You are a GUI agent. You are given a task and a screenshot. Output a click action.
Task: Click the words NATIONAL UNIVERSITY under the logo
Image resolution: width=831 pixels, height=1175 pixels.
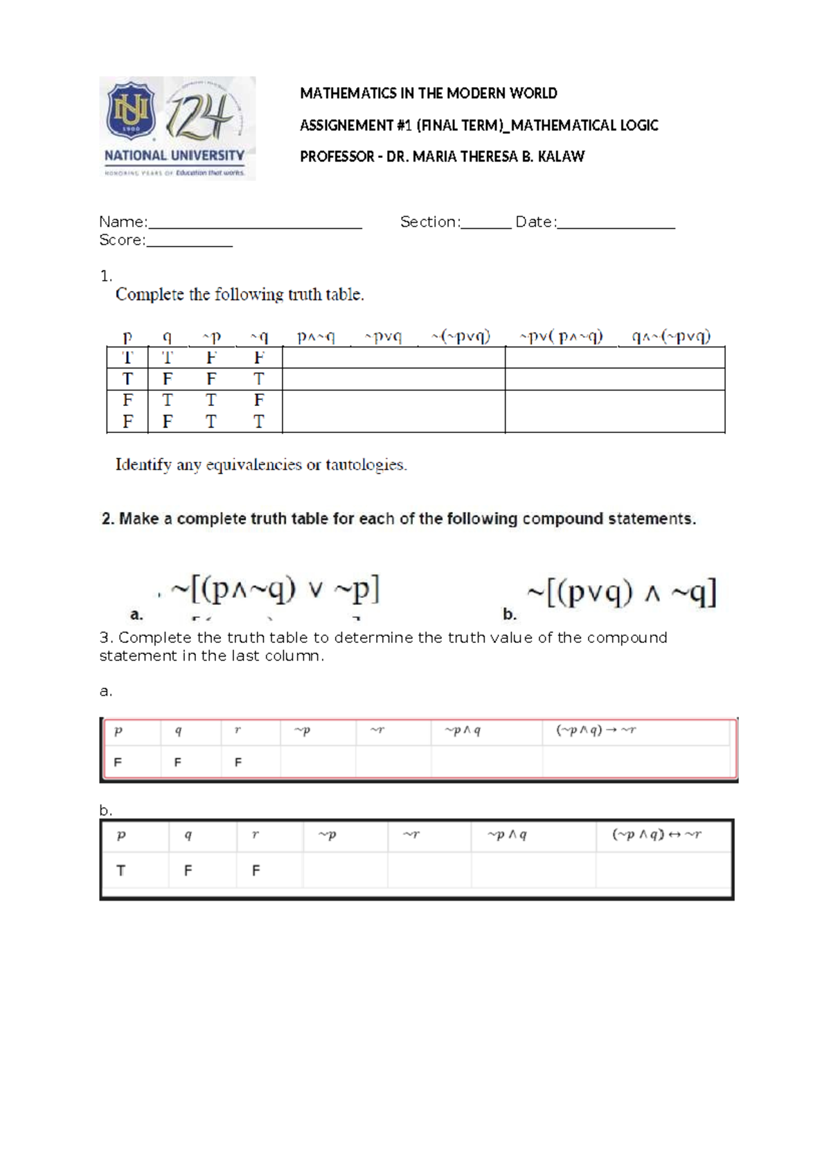[174, 156]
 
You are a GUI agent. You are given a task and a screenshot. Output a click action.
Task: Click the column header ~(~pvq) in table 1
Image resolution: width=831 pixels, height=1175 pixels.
[461, 337]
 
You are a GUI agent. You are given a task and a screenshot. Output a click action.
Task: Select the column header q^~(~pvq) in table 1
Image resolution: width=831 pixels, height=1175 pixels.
[671, 337]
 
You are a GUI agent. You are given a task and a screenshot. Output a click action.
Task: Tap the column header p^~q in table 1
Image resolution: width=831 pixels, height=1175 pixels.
[316, 337]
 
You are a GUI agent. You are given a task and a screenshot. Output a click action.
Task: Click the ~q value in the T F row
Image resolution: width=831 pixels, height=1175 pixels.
[258, 379]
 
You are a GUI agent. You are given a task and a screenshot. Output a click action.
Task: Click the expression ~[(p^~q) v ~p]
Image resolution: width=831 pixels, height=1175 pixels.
[275, 590]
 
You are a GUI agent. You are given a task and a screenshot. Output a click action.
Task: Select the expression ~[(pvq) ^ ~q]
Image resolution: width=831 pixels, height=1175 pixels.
[621, 593]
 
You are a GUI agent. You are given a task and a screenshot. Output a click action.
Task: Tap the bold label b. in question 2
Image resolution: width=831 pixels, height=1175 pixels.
[510, 615]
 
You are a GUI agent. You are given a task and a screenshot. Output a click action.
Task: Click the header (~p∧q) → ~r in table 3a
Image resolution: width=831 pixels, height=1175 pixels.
[596, 730]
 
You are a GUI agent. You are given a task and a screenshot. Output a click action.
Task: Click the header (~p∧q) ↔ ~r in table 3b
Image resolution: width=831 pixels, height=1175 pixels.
[656, 835]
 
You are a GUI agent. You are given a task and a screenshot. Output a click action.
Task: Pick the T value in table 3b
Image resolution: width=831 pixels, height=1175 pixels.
[120, 871]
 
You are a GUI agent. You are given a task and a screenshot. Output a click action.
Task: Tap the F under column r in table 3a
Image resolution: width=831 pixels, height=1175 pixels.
[238, 762]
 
